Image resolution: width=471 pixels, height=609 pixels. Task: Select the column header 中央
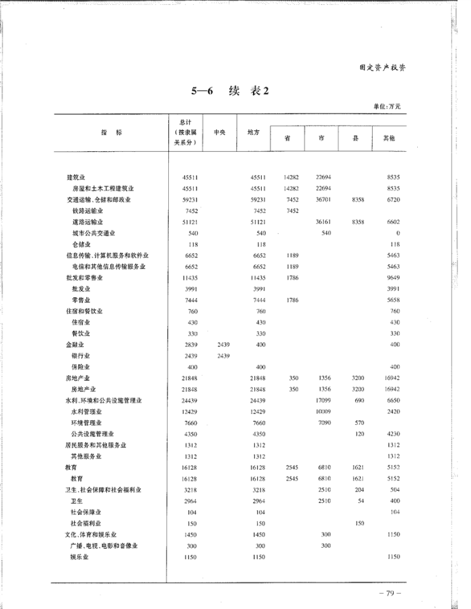219,132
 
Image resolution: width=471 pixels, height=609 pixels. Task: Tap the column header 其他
389,138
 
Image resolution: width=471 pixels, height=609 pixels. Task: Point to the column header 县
355,138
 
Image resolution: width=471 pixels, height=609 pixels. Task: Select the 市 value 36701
324,200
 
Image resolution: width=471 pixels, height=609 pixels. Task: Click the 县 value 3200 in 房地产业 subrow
357,389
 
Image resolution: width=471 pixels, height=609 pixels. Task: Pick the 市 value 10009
324,411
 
